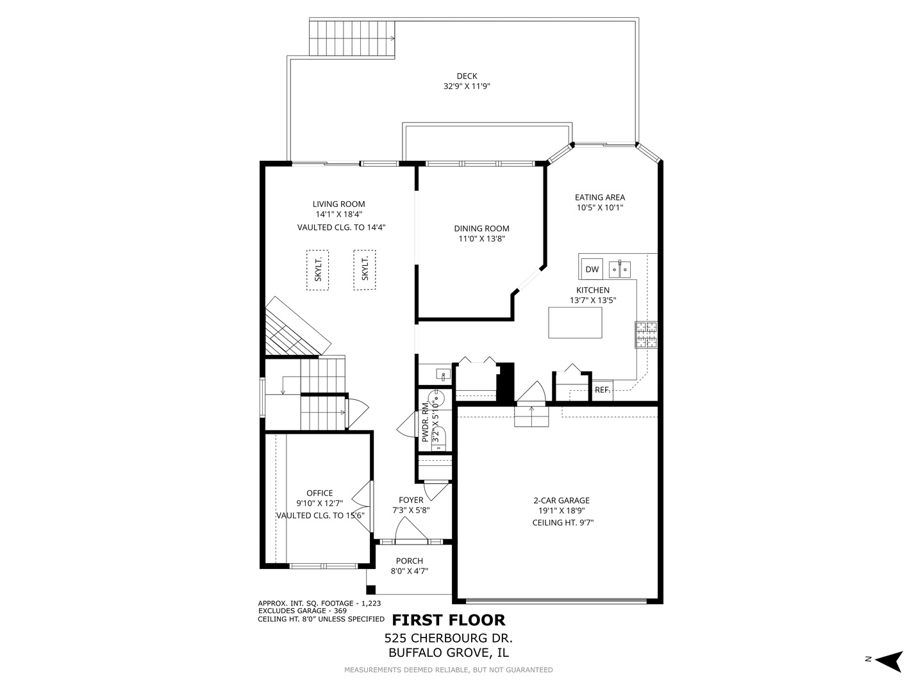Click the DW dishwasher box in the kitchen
592,269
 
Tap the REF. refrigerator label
602,390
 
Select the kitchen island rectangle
575,322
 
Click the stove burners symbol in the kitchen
646,334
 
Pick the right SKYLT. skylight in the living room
365,270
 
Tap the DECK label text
467,76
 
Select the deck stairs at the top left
352,38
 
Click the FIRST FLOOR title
448,620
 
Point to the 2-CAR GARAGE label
561,500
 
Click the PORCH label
409,561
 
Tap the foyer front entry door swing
410,530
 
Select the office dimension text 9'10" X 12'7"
319,504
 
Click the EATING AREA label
599,197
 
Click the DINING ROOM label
481,228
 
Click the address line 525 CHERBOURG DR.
448,638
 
